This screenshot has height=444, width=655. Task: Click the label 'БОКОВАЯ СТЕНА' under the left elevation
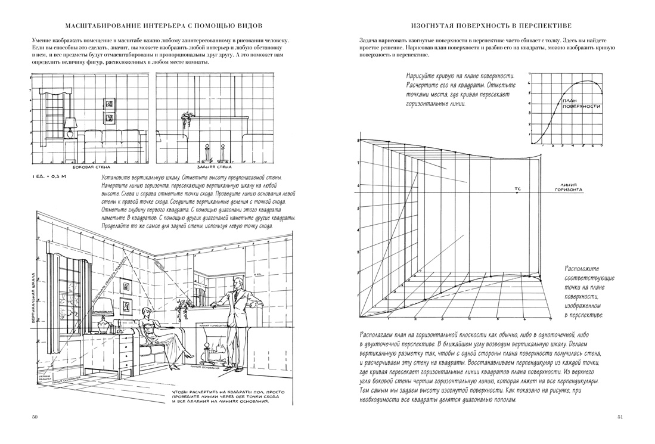(x=88, y=168)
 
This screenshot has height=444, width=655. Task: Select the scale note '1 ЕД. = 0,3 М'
(x=48, y=178)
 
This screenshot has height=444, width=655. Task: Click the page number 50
(x=35, y=417)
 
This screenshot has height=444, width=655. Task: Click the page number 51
(x=619, y=417)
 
